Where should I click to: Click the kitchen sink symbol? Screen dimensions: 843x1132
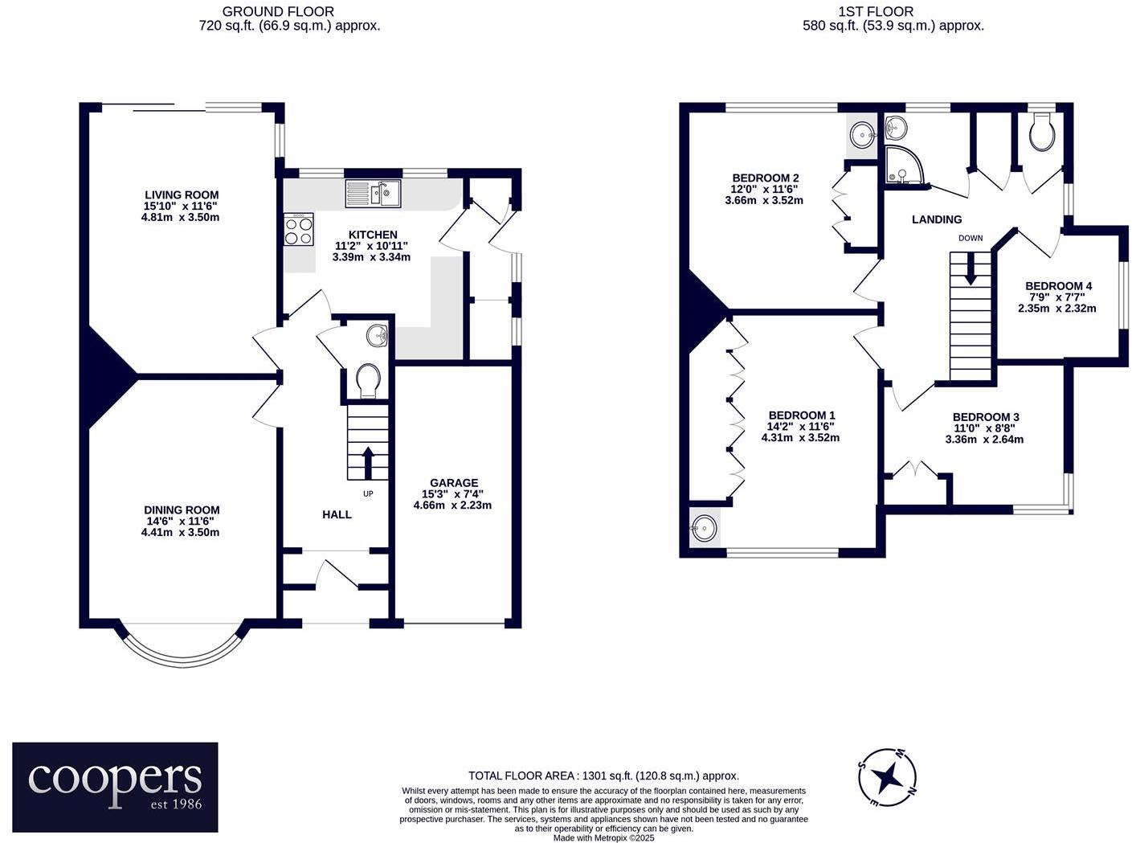(373, 194)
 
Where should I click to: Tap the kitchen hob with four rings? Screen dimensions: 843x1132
(299, 230)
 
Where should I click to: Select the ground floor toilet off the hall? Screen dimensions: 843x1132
(368, 380)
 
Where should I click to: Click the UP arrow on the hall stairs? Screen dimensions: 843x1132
(368, 461)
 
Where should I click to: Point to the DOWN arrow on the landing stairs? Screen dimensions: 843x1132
(971, 269)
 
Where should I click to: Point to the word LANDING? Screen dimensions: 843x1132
(937, 219)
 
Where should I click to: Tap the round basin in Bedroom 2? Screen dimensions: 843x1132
(863, 133)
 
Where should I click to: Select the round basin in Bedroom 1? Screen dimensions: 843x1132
(705, 528)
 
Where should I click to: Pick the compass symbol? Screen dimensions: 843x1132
(887, 777)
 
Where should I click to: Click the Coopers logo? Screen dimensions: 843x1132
(115, 787)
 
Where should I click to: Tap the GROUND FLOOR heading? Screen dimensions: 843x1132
(278, 11)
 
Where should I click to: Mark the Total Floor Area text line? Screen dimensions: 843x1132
(603, 775)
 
